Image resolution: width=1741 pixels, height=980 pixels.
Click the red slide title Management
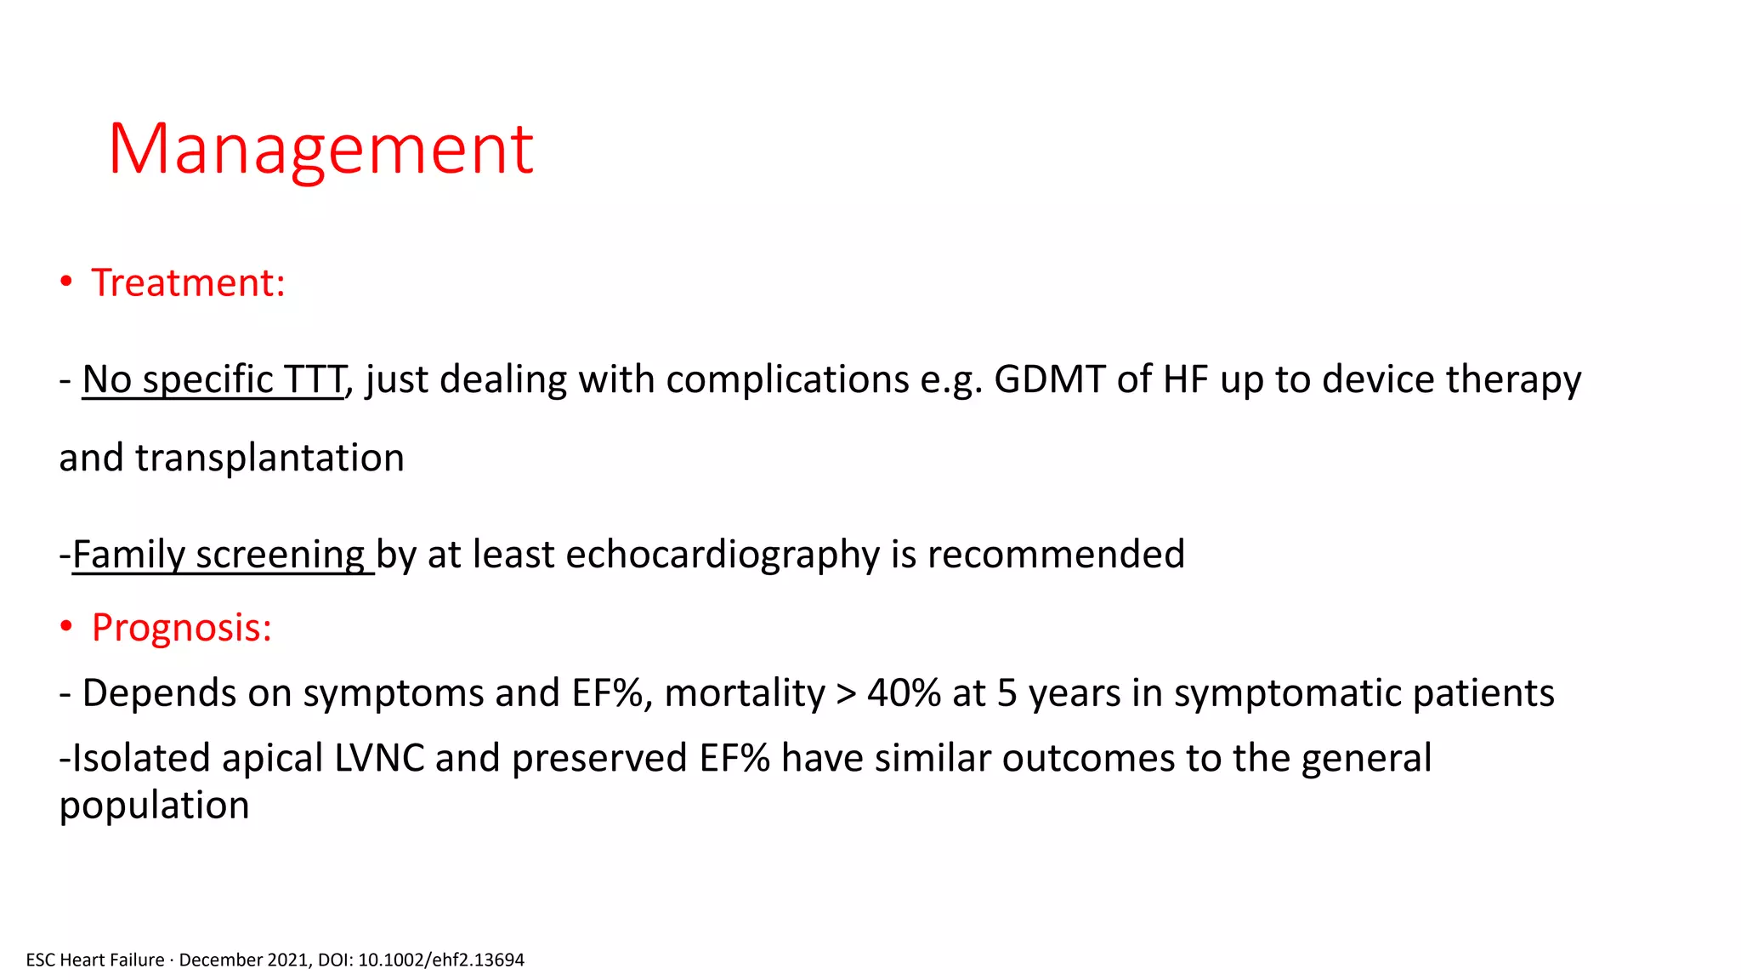(320, 149)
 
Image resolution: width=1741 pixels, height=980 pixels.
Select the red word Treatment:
(188, 282)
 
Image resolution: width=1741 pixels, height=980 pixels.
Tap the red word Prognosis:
(181, 628)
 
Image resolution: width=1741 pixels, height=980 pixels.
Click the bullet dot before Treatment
(66, 282)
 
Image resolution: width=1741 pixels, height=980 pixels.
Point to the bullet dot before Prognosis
(66, 628)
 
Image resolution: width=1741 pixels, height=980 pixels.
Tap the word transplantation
(269, 459)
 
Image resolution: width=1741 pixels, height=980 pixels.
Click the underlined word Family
(128, 555)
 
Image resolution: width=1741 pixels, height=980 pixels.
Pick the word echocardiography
(723, 555)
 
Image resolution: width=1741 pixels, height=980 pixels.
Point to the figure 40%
(904, 693)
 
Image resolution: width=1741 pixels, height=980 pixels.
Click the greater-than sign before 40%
(846, 693)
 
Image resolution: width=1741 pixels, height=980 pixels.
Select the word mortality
(745, 693)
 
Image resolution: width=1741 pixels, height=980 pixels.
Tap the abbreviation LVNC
(379, 758)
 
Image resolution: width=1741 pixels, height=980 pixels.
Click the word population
(154, 806)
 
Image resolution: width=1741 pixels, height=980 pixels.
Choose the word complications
(787, 379)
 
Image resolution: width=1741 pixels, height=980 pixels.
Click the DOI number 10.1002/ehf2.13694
(441, 960)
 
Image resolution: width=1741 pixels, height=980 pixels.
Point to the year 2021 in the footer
(288, 960)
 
